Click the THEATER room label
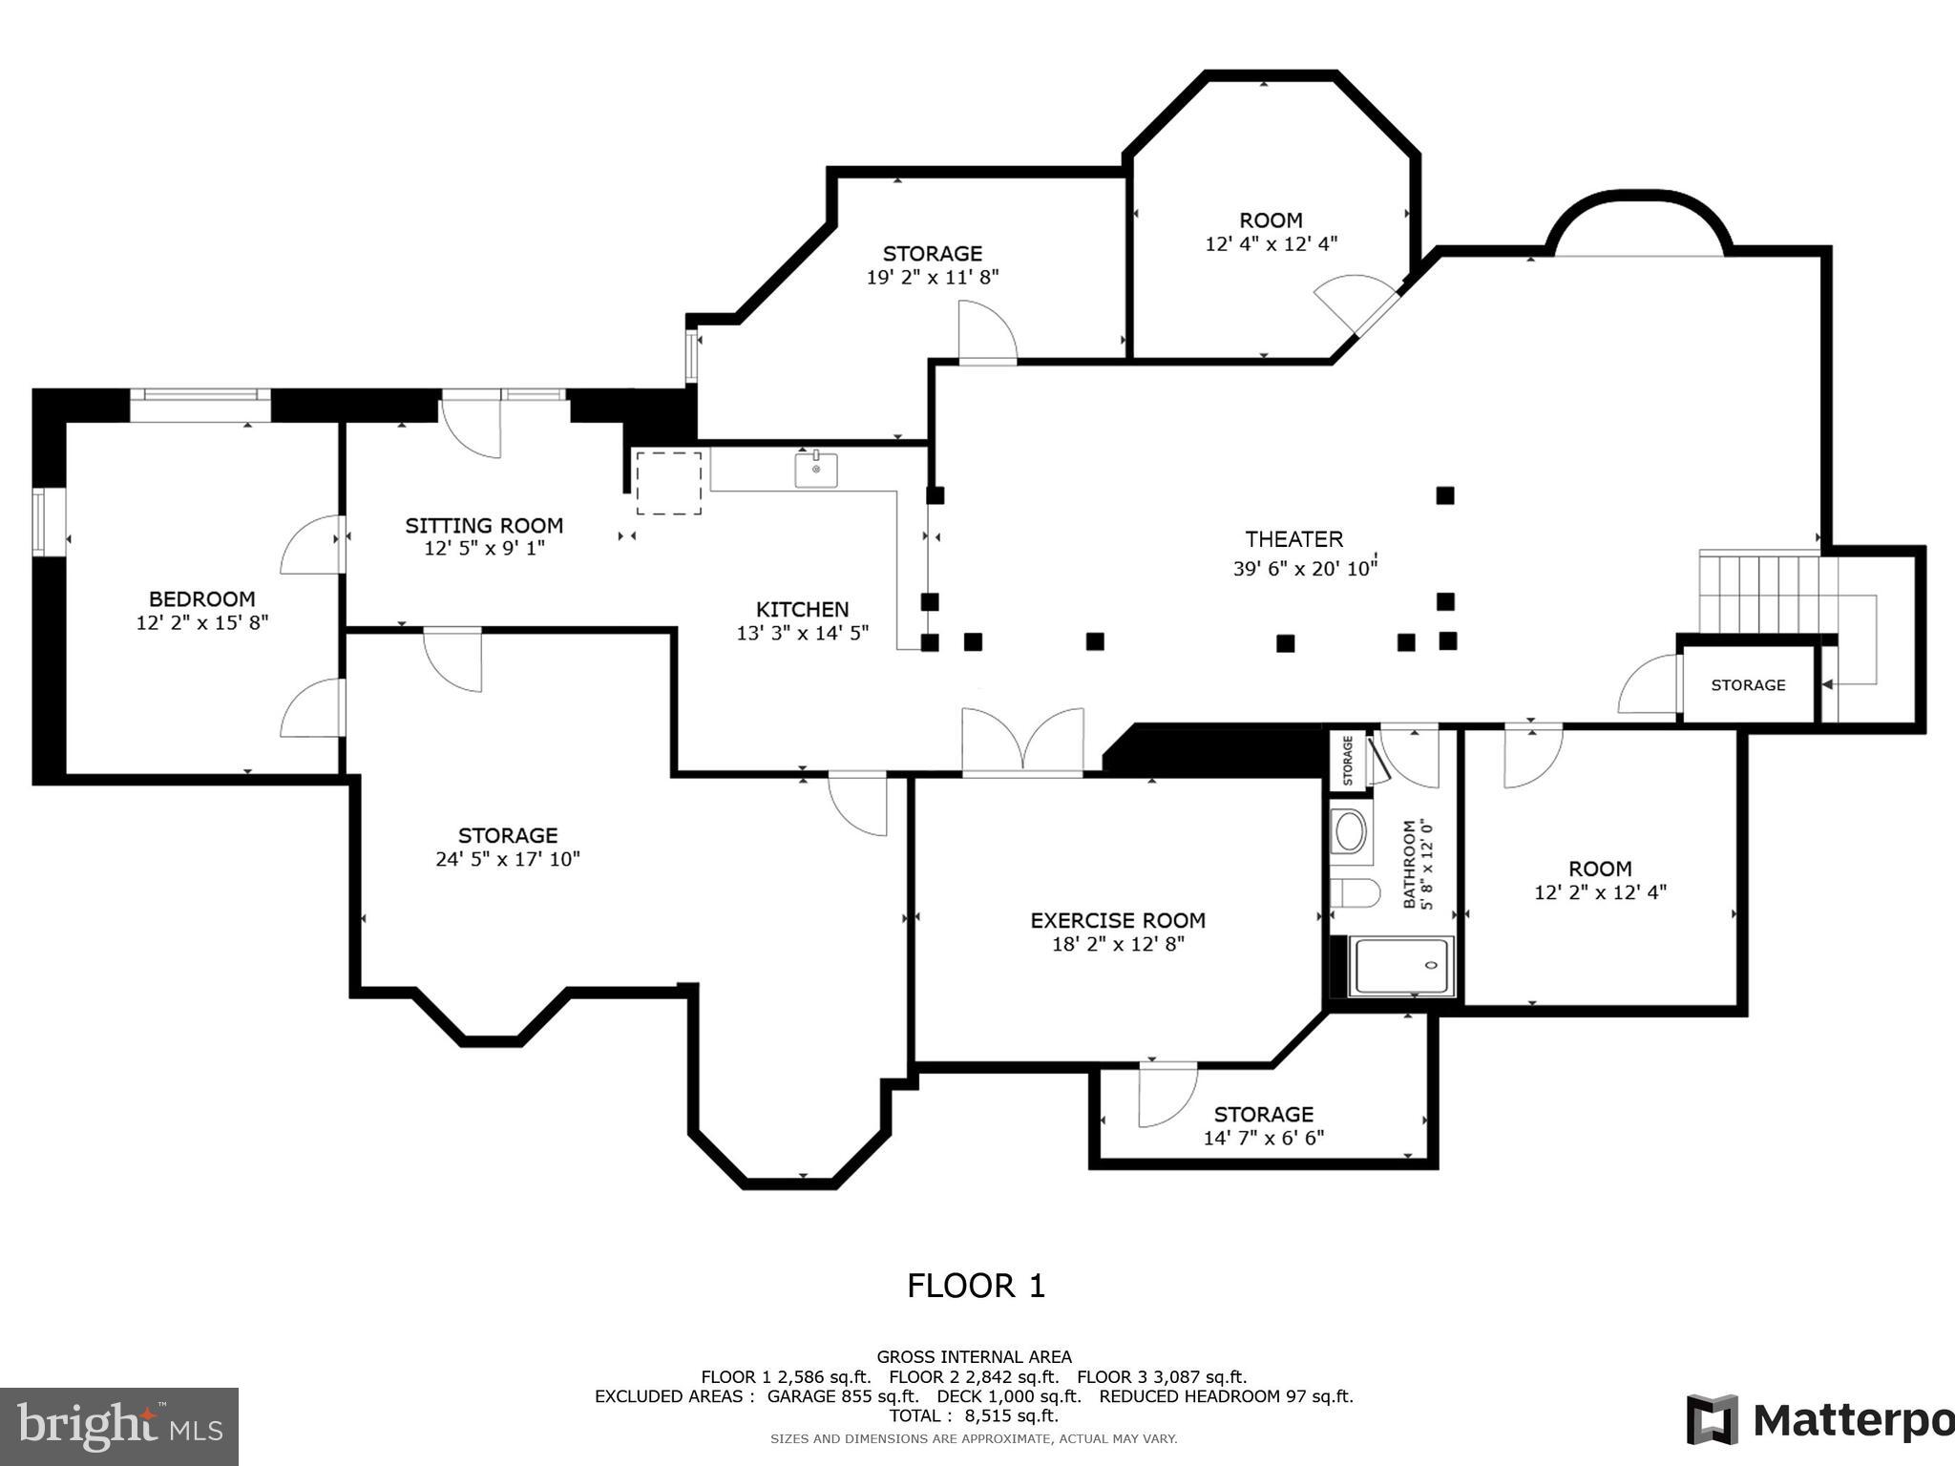1293,539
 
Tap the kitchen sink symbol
815,470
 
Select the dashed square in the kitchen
668,483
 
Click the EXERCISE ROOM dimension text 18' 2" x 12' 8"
1117,944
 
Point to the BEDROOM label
201,599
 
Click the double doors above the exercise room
1022,740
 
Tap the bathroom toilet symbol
1354,893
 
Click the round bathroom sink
1350,831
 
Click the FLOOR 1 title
976,1286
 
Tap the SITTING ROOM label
484,526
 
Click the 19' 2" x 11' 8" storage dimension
932,277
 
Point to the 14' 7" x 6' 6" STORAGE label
1263,1115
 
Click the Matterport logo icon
1712,1419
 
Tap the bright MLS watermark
118,1426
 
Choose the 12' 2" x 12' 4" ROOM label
1600,869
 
